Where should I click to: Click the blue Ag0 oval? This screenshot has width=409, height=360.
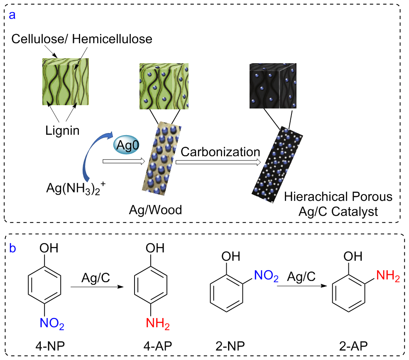coord(127,145)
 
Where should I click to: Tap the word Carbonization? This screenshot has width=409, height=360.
coord(220,152)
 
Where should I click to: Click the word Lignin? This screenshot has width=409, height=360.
coord(63,131)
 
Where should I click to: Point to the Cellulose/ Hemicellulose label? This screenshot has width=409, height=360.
coord(82,39)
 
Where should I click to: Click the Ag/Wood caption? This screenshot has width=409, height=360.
coord(155,210)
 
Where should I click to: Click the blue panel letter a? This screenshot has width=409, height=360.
coord(12,15)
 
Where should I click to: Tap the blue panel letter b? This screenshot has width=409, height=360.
coord(13,248)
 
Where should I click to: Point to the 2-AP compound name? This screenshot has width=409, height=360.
coord(353,346)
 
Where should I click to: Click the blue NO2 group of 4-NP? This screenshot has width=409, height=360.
coord(51,322)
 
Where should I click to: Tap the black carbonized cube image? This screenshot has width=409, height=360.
coord(273,87)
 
